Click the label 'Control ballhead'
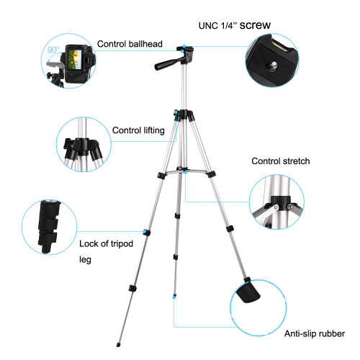(x=132, y=43)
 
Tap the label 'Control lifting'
(x=139, y=130)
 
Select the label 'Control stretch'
(x=280, y=161)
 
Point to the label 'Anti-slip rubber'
(x=314, y=333)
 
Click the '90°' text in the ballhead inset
(x=53, y=51)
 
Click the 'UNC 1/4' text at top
(x=218, y=27)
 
